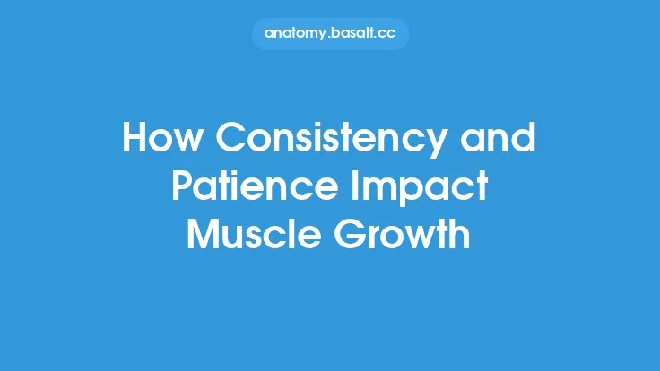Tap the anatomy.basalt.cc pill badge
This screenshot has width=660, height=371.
point(329,33)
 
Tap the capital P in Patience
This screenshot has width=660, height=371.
point(182,187)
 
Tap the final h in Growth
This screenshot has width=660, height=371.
point(460,233)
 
